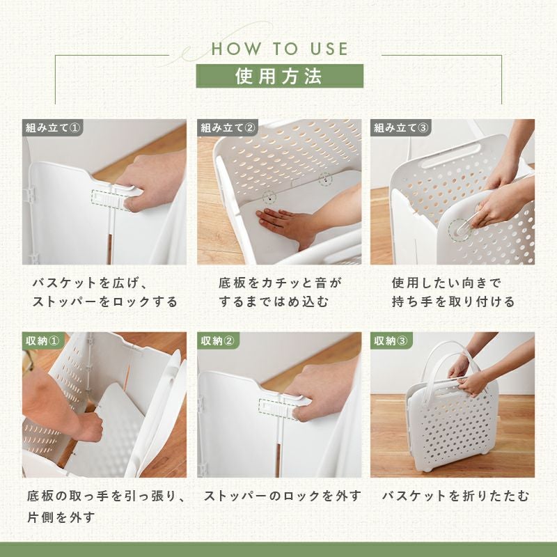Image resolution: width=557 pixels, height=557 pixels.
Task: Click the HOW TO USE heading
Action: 280,49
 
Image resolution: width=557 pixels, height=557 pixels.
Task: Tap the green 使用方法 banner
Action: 280,76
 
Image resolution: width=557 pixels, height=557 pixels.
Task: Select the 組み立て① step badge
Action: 53,127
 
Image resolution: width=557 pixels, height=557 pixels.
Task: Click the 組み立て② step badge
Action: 228,127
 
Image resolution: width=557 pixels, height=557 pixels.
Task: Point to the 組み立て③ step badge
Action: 401,127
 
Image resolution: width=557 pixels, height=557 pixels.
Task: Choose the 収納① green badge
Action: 43,340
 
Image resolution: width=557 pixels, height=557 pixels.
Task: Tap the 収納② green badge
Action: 218,340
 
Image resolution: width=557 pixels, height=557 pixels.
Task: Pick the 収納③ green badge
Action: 391,340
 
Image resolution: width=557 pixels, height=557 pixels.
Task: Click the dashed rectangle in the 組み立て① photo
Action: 110,199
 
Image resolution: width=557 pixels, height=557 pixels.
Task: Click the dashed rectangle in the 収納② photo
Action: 277,409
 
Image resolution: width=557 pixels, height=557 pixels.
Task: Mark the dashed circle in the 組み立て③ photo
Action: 460,230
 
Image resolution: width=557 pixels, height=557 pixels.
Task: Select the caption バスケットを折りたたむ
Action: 455,496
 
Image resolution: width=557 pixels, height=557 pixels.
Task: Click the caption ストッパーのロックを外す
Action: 283,496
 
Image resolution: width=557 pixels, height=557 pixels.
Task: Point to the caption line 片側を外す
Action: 61,517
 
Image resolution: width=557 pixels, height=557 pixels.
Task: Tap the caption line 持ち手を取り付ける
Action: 453,301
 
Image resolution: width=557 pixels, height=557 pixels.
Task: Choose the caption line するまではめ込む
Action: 274,301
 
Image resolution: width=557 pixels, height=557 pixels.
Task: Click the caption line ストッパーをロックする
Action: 105,301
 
